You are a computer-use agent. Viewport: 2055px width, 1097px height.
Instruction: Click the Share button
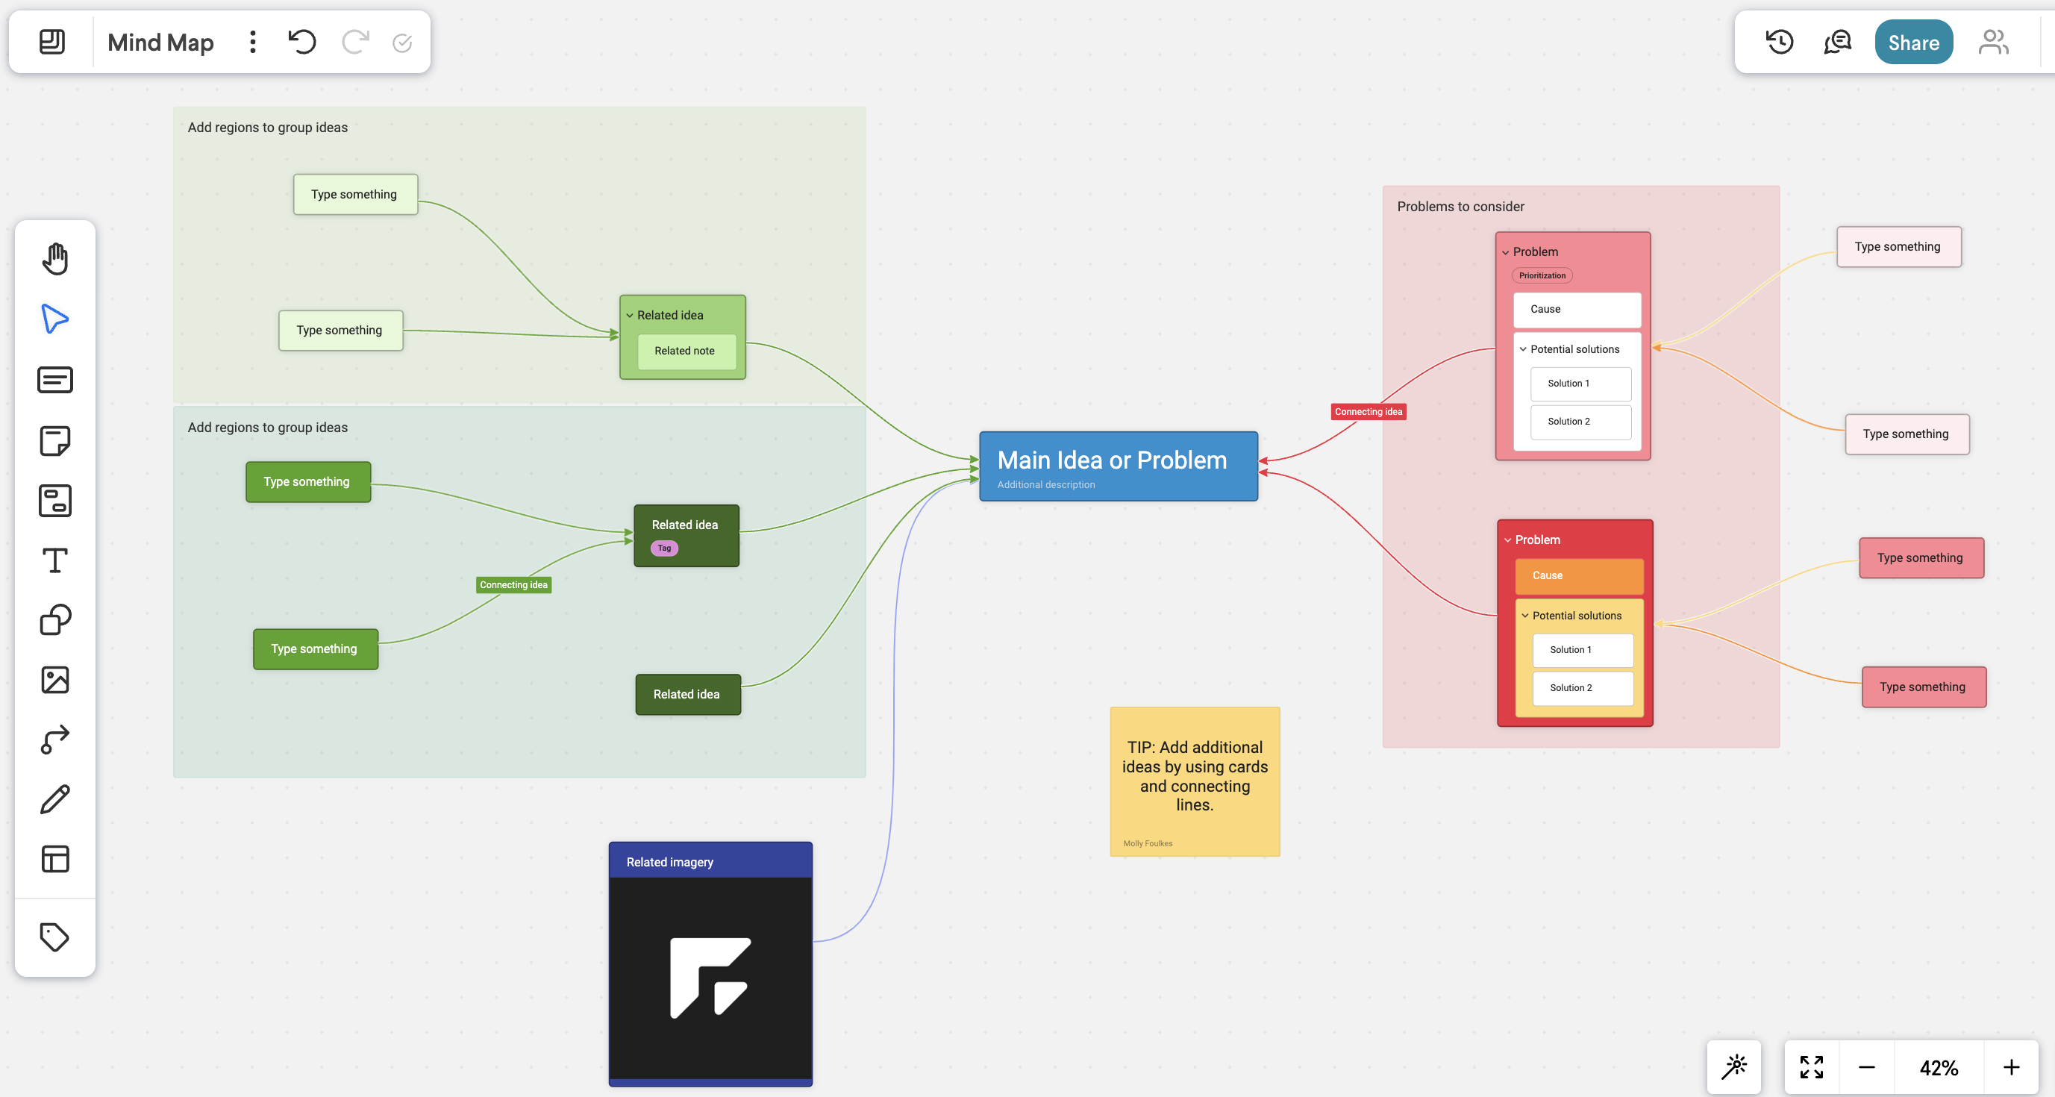tap(1912, 43)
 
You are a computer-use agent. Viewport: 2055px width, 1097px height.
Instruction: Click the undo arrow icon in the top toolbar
tap(302, 42)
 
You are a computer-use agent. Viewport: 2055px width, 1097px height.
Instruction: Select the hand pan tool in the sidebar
tap(55, 259)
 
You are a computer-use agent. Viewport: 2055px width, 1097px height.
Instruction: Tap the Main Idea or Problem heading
tap(1111, 460)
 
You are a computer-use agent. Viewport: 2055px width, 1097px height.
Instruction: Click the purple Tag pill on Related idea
tap(663, 548)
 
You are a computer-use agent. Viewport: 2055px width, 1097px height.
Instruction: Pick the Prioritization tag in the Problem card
tap(1542, 276)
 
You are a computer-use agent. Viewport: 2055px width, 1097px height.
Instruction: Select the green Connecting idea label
tap(513, 585)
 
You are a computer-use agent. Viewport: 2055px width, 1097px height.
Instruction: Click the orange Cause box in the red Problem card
tap(1578, 575)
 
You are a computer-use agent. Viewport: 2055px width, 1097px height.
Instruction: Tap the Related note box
tap(684, 351)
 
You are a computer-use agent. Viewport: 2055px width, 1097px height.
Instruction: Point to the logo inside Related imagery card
tap(709, 978)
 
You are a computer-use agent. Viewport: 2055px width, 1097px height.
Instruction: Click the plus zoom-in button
tap(2010, 1067)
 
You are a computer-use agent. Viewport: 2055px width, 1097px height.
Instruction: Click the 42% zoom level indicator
tap(1938, 1067)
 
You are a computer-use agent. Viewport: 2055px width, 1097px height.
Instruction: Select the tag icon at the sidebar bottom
tap(55, 937)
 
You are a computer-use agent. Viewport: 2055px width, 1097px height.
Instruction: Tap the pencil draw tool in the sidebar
tap(55, 798)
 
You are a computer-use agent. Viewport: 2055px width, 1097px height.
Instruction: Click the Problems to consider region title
tap(1460, 207)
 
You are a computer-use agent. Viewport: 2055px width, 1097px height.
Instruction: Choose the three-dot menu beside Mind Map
tap(253, 42)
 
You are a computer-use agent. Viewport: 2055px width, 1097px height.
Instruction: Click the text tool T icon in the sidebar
tap(55, 560)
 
